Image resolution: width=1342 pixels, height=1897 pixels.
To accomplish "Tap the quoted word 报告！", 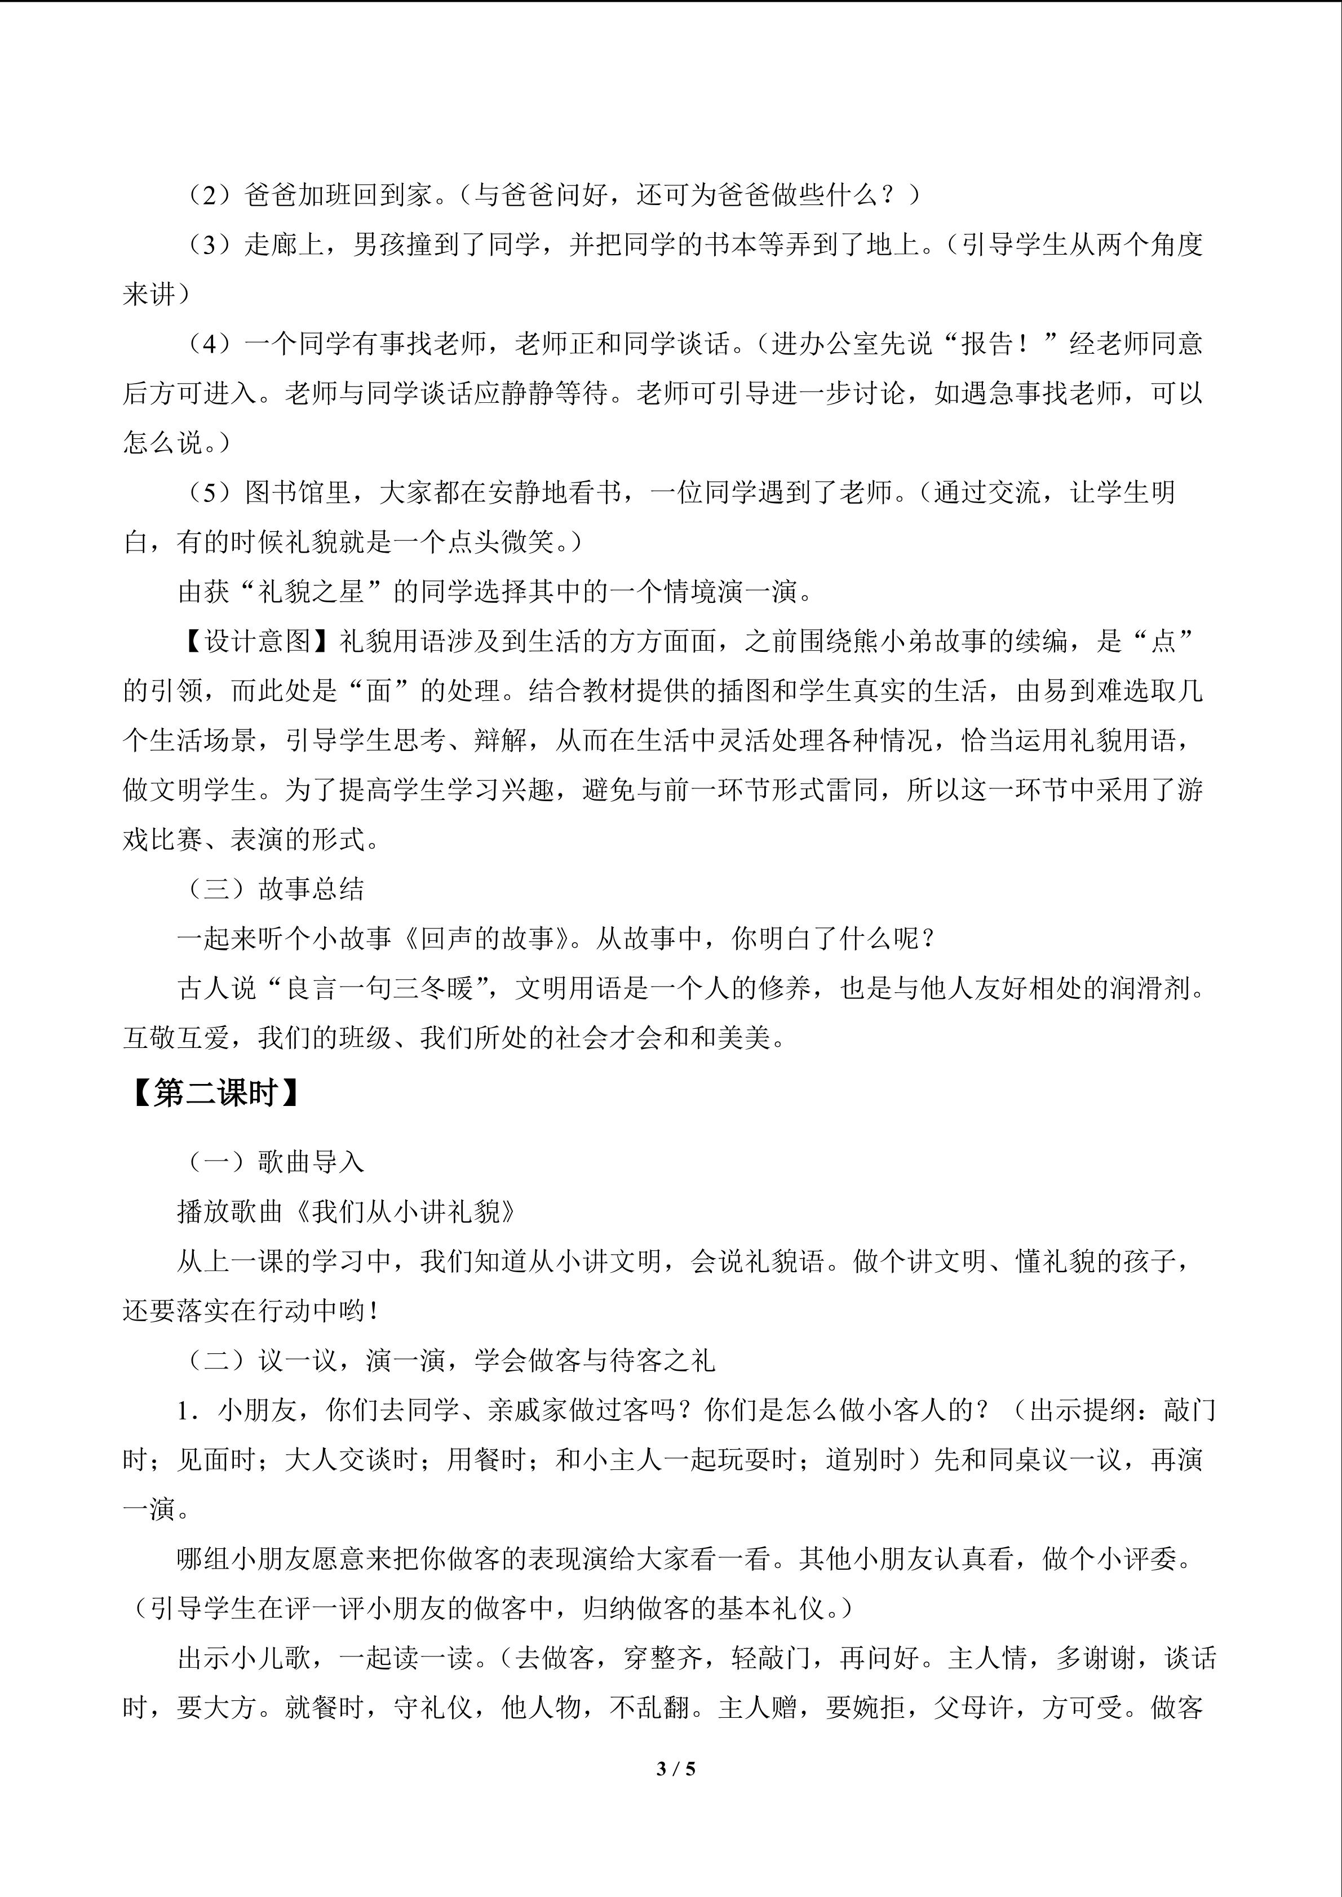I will click(1002, 344).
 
